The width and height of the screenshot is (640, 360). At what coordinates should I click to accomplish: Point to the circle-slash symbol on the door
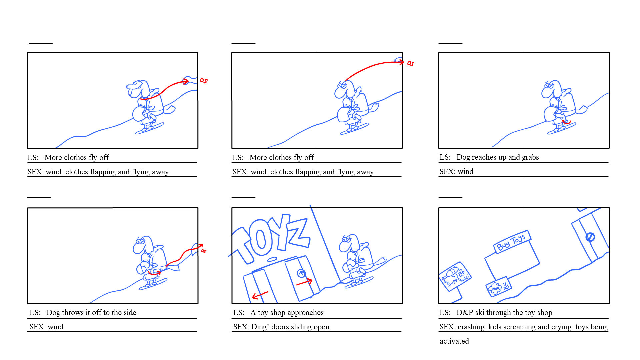click(x=590, y=237)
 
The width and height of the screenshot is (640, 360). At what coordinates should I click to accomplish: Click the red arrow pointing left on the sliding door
click(x=260, y=295)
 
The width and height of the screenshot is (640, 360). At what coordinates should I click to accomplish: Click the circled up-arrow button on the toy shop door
click(x=301, y=273)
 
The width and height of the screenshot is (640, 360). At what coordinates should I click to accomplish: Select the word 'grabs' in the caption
click(x=530, y=157)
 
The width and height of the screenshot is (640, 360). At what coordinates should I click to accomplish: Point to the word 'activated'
click(x=454, y=341)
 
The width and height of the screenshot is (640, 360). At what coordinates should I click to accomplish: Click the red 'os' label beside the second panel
click(x=410, y=63)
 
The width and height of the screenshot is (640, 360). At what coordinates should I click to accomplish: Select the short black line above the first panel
click(x=41, y=43)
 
